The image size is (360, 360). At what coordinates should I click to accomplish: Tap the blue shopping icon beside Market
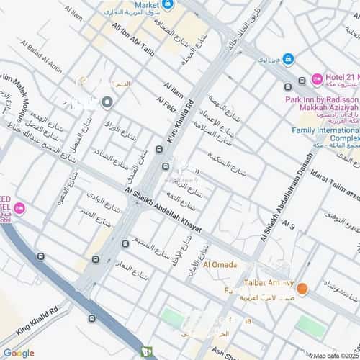point(168,4)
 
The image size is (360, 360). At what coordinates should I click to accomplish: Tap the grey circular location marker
point(107,103)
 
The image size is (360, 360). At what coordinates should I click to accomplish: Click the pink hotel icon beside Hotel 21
point(317,78)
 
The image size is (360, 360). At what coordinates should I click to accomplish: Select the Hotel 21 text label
point(343,78)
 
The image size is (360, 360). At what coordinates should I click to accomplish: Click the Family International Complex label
point(325,134)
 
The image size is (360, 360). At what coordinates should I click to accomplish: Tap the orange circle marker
point(302,289)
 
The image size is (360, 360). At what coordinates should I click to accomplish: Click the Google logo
point(18,353)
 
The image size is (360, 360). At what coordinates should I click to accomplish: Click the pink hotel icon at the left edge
point(19,209)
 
